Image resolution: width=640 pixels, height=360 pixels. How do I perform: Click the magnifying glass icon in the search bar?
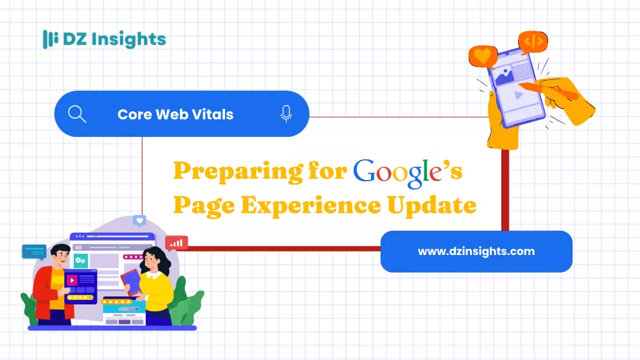pos(77,114)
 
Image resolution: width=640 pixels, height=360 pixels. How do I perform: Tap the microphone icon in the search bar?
pos(286,114)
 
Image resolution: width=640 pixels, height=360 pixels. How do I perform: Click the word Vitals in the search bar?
pos(212,114)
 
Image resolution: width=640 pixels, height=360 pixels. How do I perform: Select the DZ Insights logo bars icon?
pos(50,39)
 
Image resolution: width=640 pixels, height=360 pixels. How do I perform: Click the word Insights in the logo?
pos(129,39)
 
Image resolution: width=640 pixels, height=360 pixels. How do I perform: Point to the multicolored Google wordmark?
pos(398,173)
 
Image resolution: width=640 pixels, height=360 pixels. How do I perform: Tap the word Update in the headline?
pos(432,205)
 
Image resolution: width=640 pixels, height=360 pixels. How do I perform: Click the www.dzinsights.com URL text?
pos(476,251)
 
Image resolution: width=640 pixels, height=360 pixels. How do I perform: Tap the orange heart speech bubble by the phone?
pos(483,56)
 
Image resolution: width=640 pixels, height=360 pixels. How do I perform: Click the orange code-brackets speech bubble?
pos(533,41)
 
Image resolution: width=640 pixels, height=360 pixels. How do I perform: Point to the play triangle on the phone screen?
pos(518,96)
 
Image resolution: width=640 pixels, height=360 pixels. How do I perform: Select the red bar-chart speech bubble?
pos(176,243)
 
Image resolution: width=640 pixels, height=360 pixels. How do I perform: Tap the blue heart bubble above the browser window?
pos(139,221)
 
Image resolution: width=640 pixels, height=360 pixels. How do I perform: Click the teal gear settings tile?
pos(80,261)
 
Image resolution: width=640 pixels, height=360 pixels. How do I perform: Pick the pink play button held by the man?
pos(72,281)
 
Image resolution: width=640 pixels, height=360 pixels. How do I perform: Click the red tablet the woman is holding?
pos(131,281)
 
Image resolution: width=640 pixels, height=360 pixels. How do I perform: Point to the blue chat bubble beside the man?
pos(34,252)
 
